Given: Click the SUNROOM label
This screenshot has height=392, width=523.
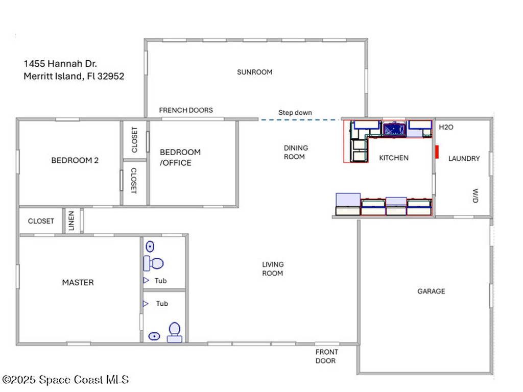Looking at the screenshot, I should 254,72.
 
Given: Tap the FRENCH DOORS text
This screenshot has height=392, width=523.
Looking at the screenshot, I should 186,110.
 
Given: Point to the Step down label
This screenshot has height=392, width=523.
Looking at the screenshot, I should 295,112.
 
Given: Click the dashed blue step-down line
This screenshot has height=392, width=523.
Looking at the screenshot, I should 299,120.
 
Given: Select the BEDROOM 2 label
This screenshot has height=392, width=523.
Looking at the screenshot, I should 75,160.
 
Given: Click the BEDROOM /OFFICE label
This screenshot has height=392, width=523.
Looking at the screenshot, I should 180,157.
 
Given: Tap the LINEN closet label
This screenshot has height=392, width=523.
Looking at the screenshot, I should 72,221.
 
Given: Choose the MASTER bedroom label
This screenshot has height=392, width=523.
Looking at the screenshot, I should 78,282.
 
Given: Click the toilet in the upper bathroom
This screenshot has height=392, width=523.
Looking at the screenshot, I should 153,263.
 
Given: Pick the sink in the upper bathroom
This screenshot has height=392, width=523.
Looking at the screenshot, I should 150,247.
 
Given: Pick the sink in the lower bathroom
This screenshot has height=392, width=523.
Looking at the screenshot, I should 154,336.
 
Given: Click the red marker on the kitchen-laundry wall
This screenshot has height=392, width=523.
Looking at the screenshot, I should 437,152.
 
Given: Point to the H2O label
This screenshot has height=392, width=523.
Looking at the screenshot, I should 446,127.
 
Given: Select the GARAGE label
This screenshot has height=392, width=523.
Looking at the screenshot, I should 431,291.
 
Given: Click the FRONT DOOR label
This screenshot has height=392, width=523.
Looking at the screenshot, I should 326,356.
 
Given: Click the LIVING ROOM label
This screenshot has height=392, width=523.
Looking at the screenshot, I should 273,268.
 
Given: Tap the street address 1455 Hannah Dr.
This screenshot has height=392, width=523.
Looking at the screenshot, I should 60,64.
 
